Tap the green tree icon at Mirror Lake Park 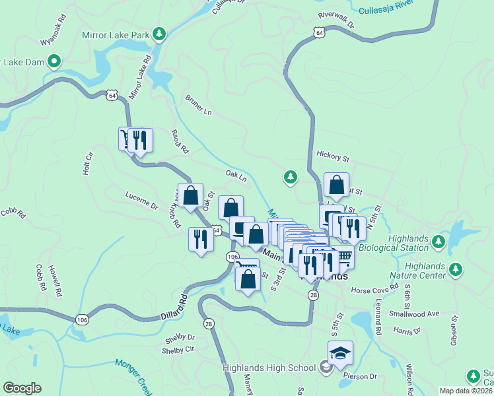pyautogui.click(x=159, y=33)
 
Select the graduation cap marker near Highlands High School pyautogui.click(x=340, y=354)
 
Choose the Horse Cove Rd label pyautogui.click(x=375, y=289)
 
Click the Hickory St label pyautogui.click(x=332, y=158)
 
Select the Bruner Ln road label pyautogui.click(x=199, y=105)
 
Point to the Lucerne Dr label pyautogui.click(x=142, y=201)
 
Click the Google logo pyautogui.click(x=22, y=388)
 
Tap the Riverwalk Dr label pyautogui.click(x=336, y=20)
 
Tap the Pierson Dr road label pyautogui.click(x=359, y=376)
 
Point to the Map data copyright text pyautogui.click(x=466, y=391)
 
